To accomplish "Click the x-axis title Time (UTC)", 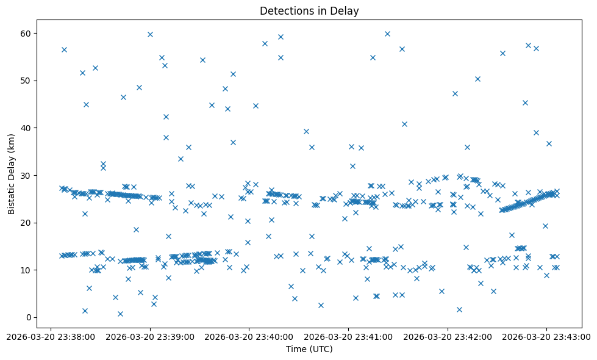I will point(309,349).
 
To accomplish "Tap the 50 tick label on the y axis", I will point(27,81).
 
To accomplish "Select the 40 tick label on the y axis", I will point(27,128).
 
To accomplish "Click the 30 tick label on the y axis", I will point(27,175).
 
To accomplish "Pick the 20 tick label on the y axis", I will point(27,223).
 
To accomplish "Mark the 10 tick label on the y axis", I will point(27,270).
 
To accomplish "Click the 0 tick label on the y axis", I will point(29,317).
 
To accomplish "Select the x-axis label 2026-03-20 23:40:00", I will point(249,336).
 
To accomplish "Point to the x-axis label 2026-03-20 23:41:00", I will point(348,336).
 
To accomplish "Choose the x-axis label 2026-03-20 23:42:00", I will point(448,336).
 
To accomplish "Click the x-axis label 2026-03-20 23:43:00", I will point(546,336).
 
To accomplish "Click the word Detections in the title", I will point(283,11).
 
